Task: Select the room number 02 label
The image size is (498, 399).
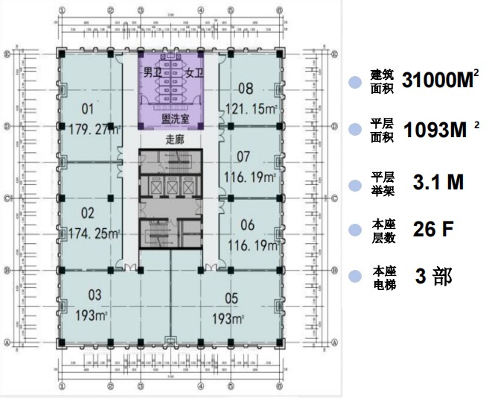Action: click(x=88, y=212)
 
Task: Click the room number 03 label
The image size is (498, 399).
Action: click(x=94, y=294)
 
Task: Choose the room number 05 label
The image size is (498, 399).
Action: click(x=232, y=299)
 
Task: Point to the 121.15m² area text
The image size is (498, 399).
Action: click(x=252, y=108)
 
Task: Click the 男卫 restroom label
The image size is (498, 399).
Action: click(x=152, y=73)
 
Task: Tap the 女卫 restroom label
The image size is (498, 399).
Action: click(x=194, y=73)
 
